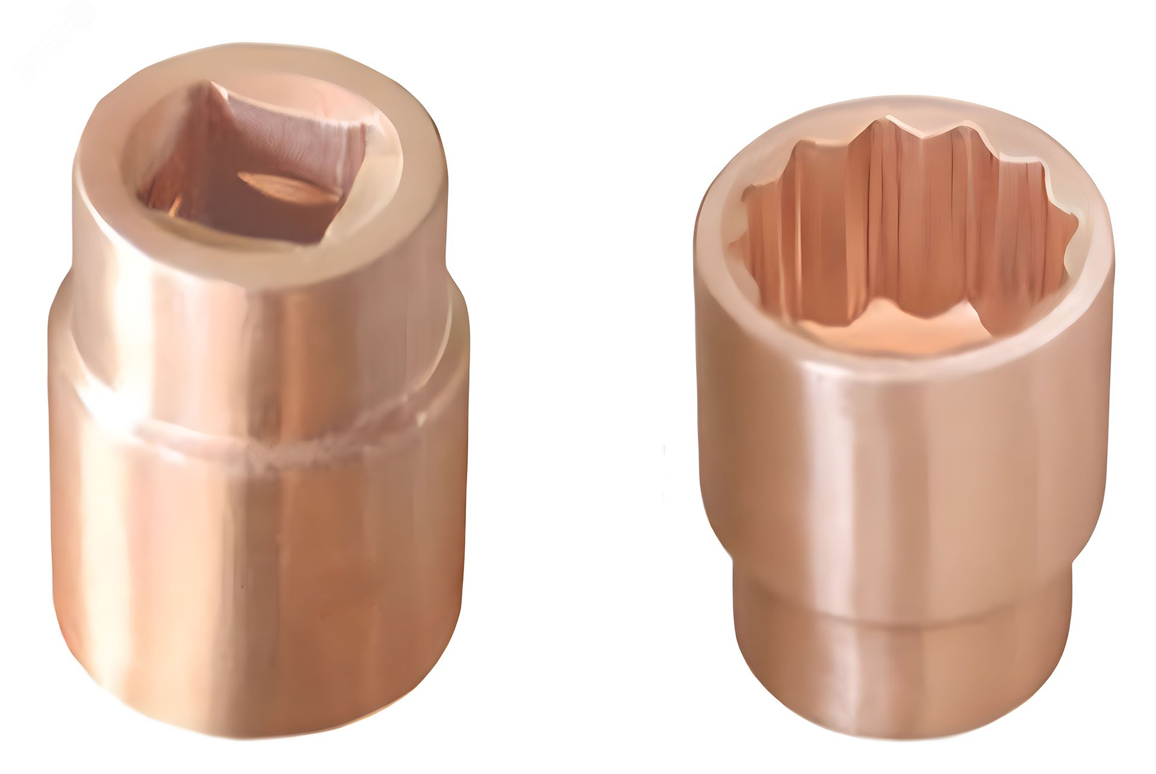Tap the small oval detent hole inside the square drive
point(288,187)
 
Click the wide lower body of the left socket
point(259,578)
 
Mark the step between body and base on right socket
point(903,602)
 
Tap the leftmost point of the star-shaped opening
point(732,244)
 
